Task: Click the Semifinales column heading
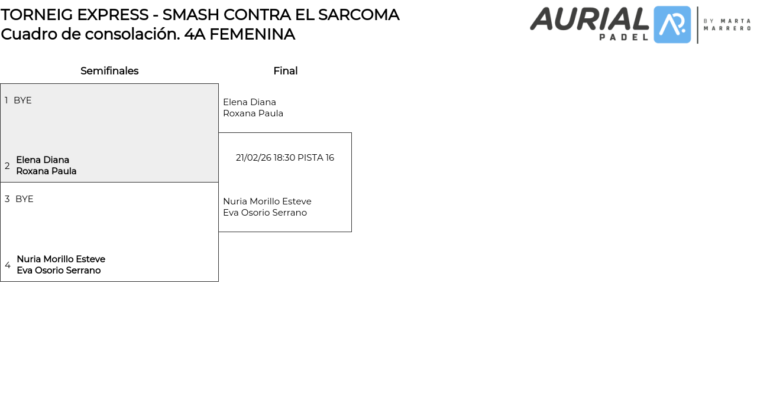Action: (109, 71)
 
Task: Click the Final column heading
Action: (285, 71)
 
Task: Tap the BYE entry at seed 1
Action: (22, 100)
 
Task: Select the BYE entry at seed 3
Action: (24, 199)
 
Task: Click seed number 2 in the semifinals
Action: (7, 166)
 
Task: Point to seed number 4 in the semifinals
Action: (8, 265)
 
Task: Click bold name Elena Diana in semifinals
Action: (43, 160)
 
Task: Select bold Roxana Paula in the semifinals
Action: (46, 171)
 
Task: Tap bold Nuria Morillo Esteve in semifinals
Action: (61, 259)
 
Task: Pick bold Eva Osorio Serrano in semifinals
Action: (59, 271)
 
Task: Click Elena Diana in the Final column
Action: (250, 102)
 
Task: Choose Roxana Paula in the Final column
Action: (253, 113)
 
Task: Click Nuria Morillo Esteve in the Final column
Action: (267, 201)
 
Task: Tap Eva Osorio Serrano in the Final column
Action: (265, 213)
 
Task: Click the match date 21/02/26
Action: (253, 158)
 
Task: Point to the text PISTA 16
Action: (316, 158)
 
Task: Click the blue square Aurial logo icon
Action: (672, 25)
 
